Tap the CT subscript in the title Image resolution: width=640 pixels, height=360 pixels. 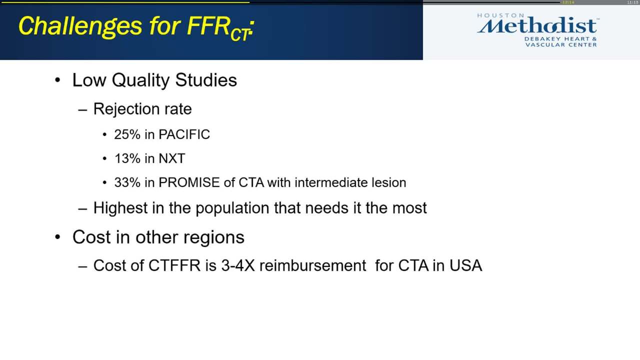(240, 34)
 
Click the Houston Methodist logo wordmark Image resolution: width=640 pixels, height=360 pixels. (537, 25)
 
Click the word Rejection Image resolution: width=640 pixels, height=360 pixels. (120, 109)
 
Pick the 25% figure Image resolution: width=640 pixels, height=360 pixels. (127, 134)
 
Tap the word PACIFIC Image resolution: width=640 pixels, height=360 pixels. (184, 134)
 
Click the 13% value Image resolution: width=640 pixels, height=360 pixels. (127, 158)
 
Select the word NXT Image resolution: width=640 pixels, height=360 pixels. (171, 158)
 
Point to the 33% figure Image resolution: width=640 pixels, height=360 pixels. (127, 182)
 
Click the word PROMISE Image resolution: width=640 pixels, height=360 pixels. (189, 182)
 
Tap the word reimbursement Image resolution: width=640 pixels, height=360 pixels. (312, 265)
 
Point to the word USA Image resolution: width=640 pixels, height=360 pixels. (465, 265)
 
